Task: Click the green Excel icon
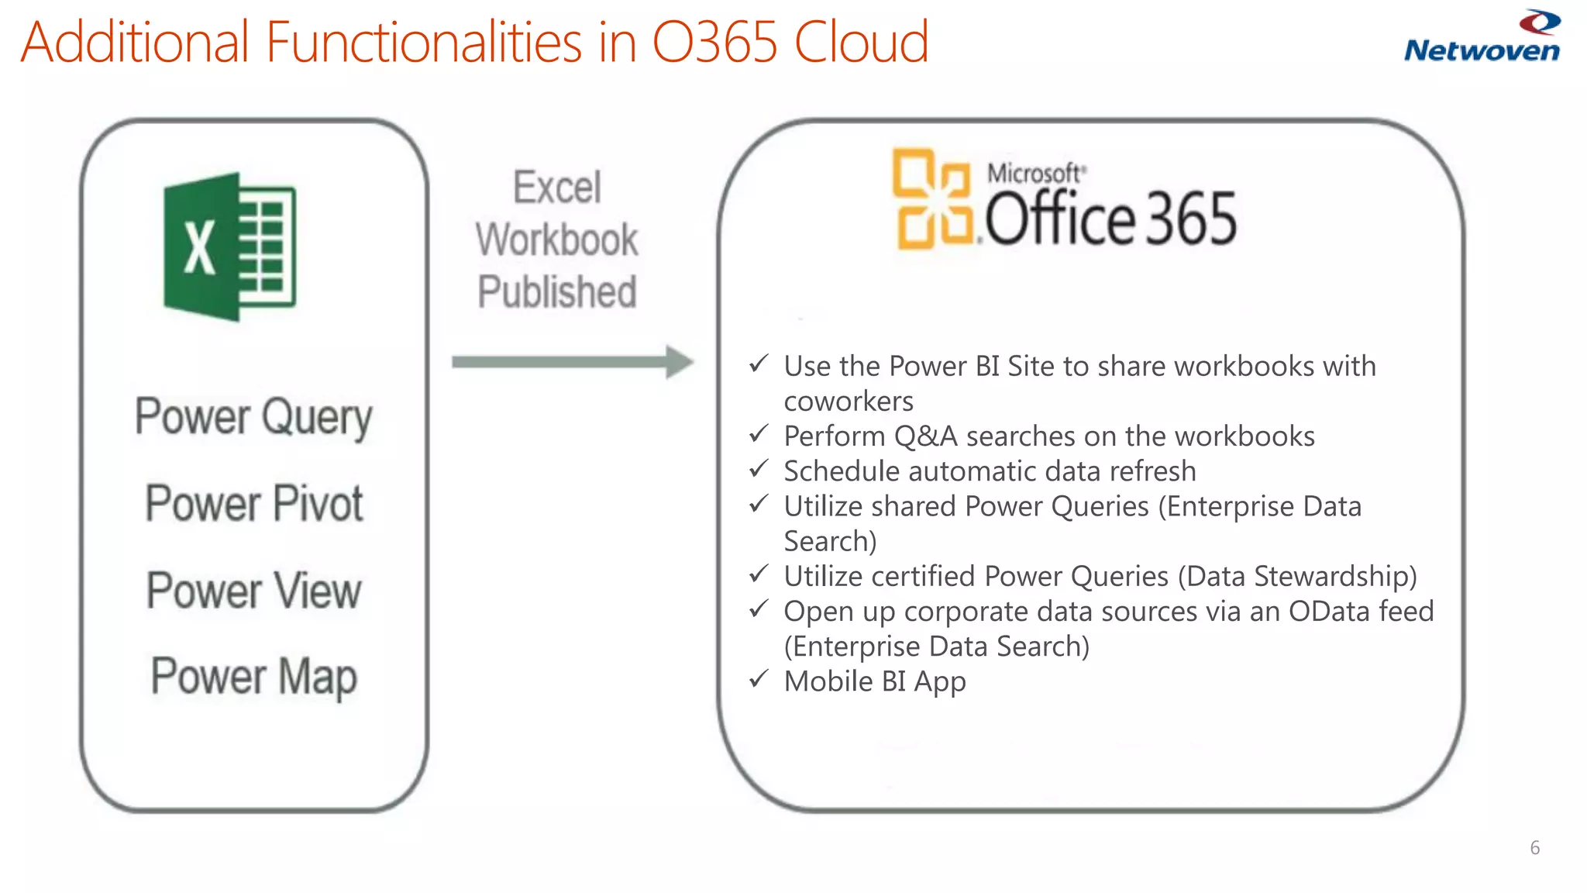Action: (229, 247)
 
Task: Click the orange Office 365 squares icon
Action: (932, 199)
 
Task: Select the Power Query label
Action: (253, 417)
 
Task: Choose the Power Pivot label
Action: (254, 504)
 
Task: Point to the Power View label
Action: (254, 591)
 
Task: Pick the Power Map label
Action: (254, 677)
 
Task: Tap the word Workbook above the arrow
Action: (556, 240)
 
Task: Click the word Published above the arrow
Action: (556, 292)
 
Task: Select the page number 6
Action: (1534, 848)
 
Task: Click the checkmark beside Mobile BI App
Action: (759, 679)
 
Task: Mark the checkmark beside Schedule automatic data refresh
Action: (759, 468)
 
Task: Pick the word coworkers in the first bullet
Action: (849, 402)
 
